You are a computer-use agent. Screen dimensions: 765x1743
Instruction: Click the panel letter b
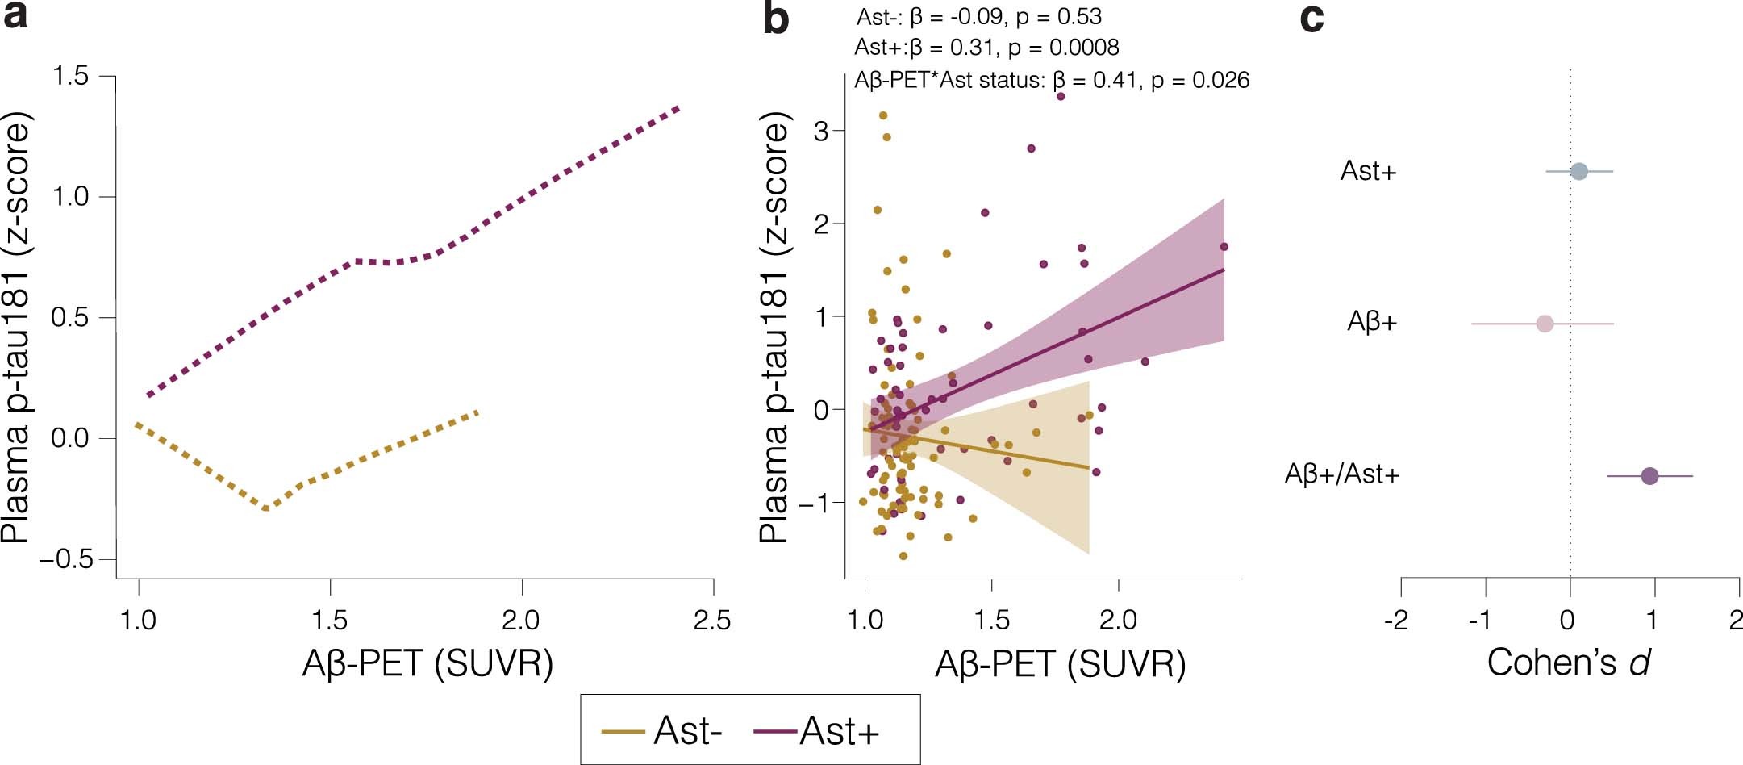coord(775,19)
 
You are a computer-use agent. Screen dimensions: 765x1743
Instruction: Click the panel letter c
coord(1311,18)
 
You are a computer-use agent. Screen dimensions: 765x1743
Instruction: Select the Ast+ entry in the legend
coord(839,731)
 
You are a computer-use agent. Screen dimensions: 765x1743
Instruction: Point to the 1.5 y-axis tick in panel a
coord(70,76)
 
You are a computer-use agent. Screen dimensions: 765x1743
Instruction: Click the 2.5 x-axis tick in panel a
coord(712,620)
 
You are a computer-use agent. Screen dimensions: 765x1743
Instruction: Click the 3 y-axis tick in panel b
coord(822,131)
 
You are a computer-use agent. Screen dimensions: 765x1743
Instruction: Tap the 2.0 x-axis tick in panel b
coord(1118,620)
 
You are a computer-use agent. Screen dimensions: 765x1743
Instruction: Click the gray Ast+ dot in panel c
coord(1579,171)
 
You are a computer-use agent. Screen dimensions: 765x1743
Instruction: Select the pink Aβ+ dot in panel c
coord(1545,324)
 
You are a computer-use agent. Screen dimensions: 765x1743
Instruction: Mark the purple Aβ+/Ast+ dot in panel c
coord(1649,476)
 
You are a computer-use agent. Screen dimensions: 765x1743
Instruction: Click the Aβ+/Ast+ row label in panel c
coord(1342,474)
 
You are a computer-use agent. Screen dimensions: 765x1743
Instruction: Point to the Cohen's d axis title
coord(1569,663)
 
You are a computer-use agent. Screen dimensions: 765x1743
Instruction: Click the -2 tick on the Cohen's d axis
coord(1396,620)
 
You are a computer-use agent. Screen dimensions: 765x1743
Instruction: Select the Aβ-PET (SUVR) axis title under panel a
coord(427,663)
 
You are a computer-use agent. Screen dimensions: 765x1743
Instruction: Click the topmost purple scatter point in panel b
coord(1061,96)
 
